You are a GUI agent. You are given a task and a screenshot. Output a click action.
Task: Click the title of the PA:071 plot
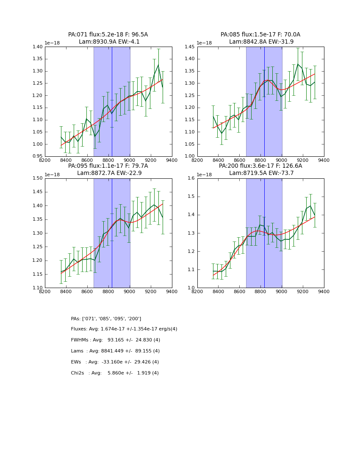(x=108, y=38)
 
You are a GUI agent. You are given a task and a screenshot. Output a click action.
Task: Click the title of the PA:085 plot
(x=260, y=38)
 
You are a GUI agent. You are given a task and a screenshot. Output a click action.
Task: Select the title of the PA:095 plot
(x=108, y=169)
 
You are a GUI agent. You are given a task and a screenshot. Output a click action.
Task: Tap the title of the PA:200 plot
(x=260, y=169)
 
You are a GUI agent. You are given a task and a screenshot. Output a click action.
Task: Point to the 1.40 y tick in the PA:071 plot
(x=38, y=47)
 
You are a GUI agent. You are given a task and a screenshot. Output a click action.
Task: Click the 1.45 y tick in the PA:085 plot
(x=190, y=47)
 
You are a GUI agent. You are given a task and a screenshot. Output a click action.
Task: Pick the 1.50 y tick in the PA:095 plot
(x=38, y=178)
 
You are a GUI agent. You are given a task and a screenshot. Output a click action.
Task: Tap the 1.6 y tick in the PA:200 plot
(x=191, y=178)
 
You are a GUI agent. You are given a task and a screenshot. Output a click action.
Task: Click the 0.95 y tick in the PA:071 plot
(x=38, y=156)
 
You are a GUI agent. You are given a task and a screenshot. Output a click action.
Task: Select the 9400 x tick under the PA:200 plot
(x=324, y=291)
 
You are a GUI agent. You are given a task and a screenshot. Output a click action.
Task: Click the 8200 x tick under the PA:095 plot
(x=45, y=291)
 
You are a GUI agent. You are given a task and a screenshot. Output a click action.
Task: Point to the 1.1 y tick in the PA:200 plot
(x=191, y=269)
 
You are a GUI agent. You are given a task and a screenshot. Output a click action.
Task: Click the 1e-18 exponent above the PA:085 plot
(x=205, y=43)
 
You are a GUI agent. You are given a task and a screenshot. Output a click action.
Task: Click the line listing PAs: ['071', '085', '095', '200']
(x=106, y=319)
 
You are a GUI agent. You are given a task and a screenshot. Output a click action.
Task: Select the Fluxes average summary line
(x=124, y=329)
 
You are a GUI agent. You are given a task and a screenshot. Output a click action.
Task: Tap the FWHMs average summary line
(x=116, y=340)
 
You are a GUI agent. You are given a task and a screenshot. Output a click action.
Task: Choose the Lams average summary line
(x=115, y=351)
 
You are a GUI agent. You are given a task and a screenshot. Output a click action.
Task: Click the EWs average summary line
(x=115, y=362)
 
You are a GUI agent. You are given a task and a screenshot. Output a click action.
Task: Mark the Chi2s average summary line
(x=115, y=373)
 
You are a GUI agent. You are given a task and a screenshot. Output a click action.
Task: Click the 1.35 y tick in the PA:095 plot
(x=38, y=219)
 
